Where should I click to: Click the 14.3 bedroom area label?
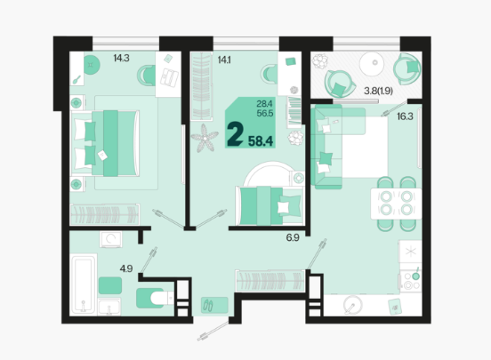point(121,59)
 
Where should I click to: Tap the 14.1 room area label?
point(224,60)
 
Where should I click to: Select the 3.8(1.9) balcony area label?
point(378,91)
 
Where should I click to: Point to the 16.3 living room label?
point(405,116)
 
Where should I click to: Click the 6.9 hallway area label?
point(293,237)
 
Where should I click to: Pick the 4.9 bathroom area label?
point(126,268)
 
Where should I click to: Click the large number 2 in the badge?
point(236,134)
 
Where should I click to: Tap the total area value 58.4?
point(261,141)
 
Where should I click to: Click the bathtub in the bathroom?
point(83,284)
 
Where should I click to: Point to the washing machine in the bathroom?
point(111,239)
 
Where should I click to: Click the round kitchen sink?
point(352,304)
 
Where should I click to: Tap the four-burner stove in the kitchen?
point(411,281)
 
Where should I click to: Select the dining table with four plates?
point(396,204)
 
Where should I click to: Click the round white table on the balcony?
point(372,64)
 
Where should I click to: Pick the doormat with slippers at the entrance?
point(214,305)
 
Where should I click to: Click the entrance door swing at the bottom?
point(213,331)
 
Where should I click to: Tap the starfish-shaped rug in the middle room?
point(205,138)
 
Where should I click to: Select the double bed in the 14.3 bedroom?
point(106,143)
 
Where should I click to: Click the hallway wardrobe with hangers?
point(270,281)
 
